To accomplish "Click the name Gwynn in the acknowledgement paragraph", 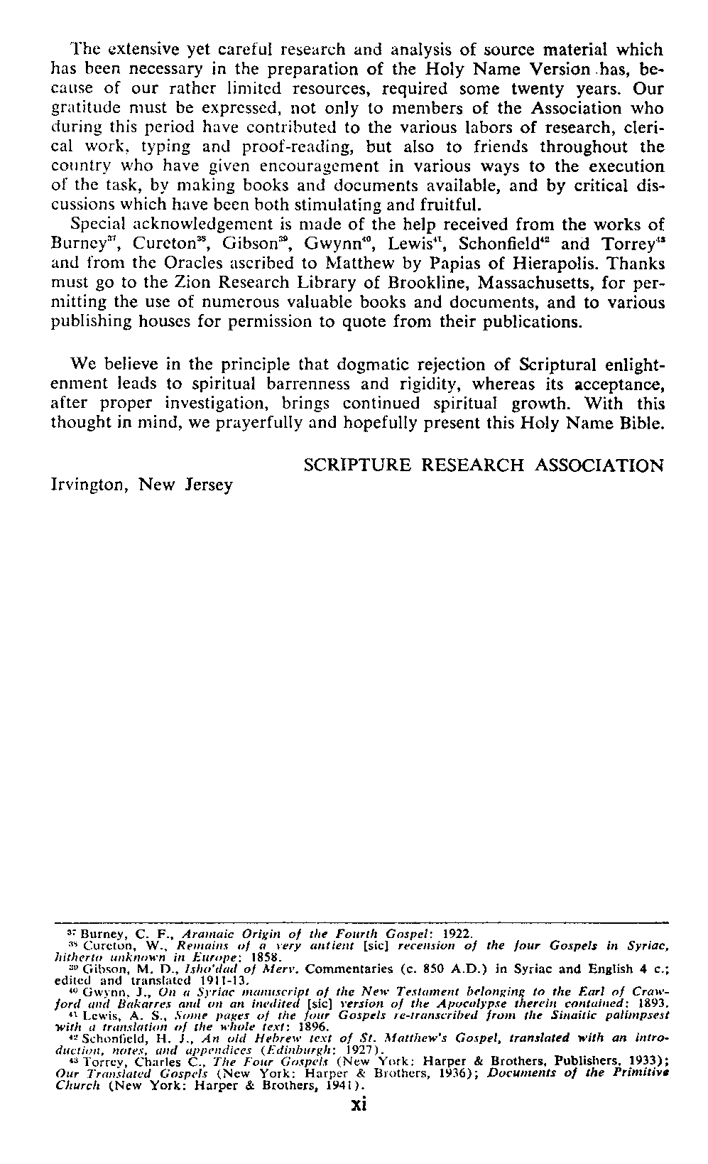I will (325, 244).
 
